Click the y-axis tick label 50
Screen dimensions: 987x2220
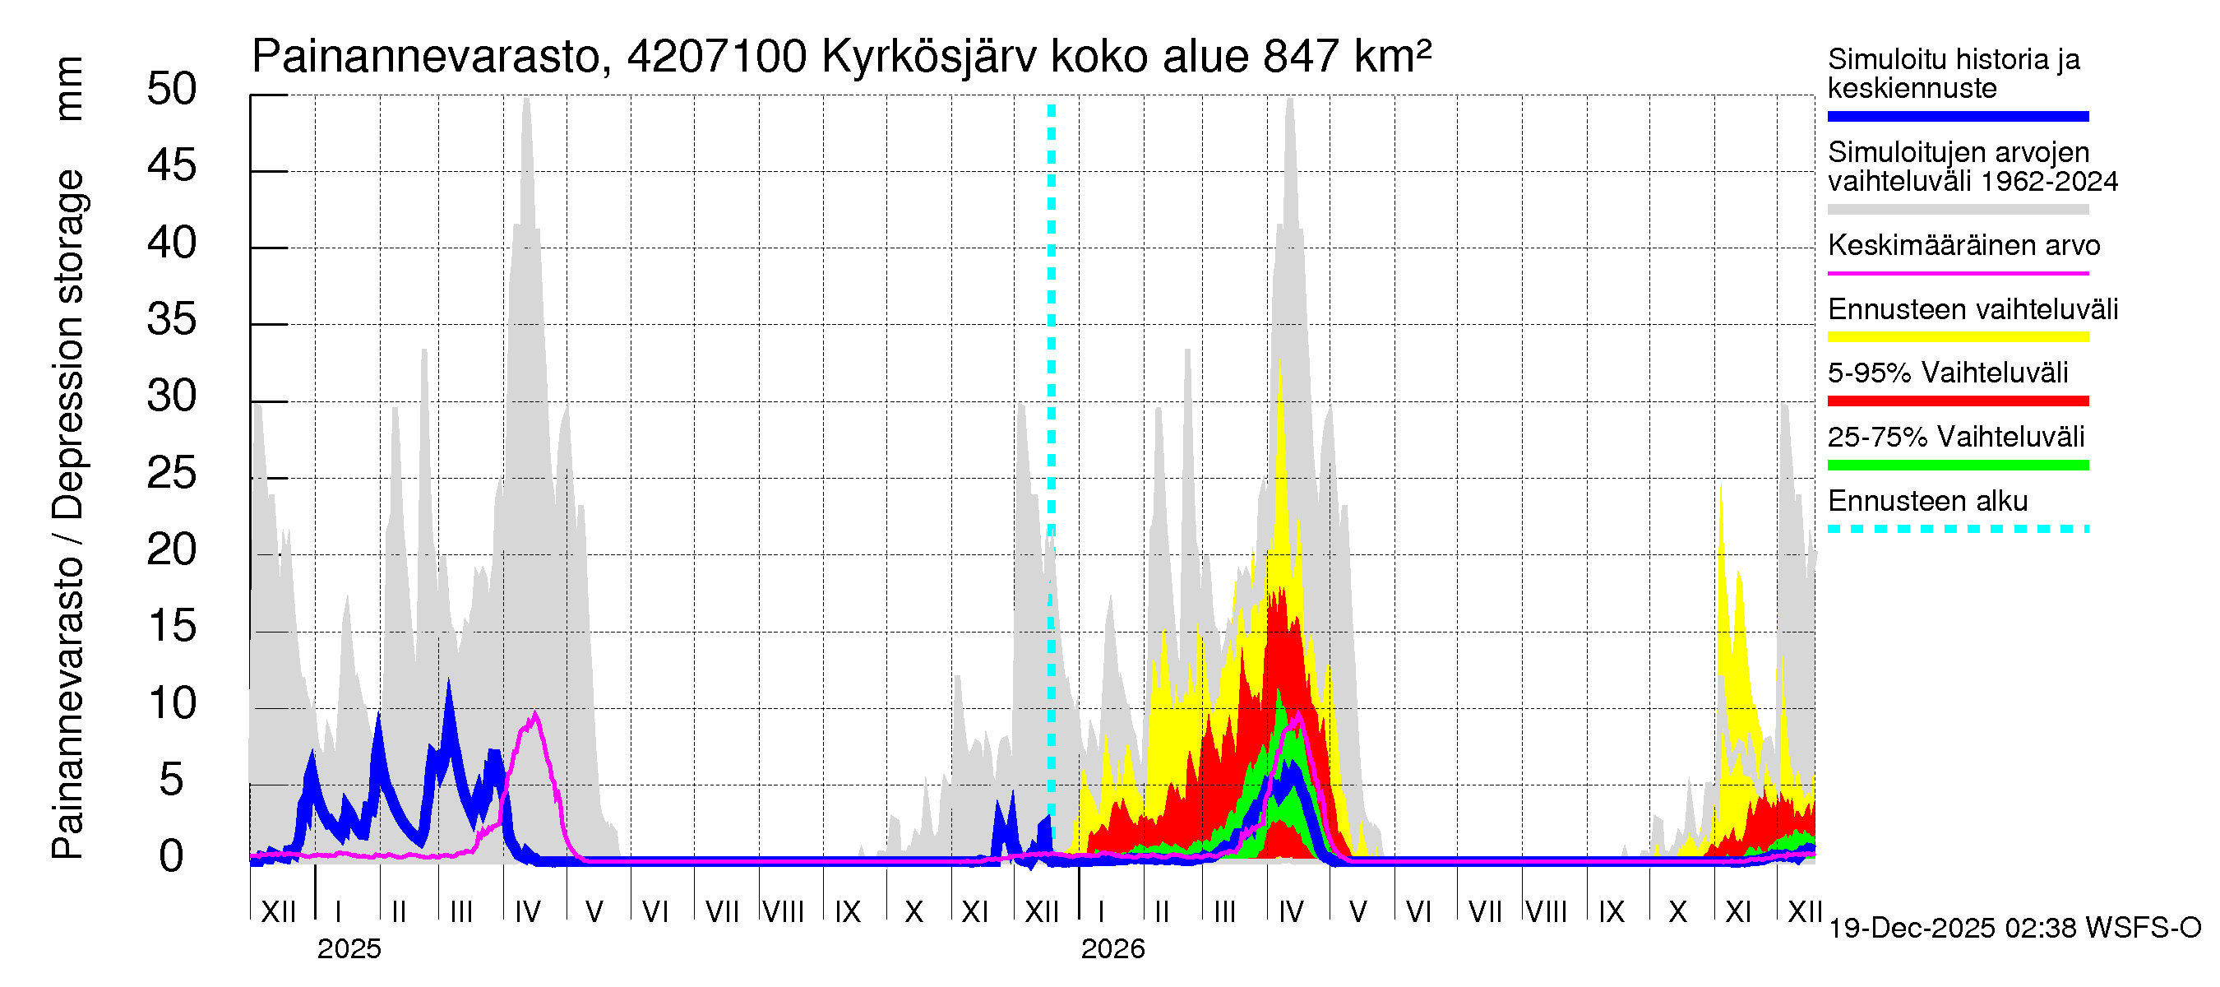pos(172,90)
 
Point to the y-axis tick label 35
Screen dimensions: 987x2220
pos(172,320)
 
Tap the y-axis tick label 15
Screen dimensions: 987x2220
pos(172,627)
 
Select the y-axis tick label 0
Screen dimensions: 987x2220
pos(172,857)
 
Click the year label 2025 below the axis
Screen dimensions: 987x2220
pos(348,949)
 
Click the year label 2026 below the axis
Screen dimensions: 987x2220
pos(1112,949)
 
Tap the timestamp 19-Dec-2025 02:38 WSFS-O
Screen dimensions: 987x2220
pos(2014,929)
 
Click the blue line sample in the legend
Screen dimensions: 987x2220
pos(1957,116)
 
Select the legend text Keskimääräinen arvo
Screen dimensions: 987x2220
pos(1963,246)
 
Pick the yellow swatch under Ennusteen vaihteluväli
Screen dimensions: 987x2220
pos(1957,337)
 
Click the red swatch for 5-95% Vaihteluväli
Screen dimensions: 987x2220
pos(1957,401)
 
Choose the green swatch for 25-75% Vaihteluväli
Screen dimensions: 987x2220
pos(1957,466)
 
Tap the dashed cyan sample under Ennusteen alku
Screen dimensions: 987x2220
pos(1957,529)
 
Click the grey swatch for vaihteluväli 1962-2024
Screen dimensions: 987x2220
pos(1957,210)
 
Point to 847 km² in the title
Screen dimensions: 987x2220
pos(1347,58)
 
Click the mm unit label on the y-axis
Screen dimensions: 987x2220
pos(69,89)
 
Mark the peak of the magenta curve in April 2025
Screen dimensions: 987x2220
pos(536,714)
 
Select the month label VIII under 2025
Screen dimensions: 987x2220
pos(784,912)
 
